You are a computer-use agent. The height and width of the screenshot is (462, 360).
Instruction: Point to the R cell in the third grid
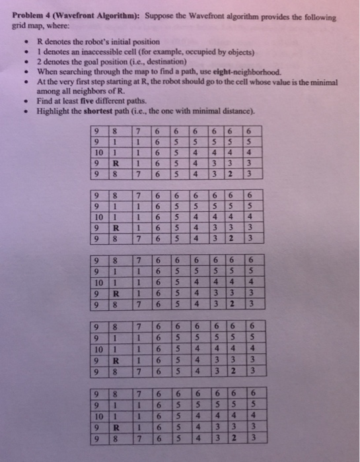click(x=116, y=292)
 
